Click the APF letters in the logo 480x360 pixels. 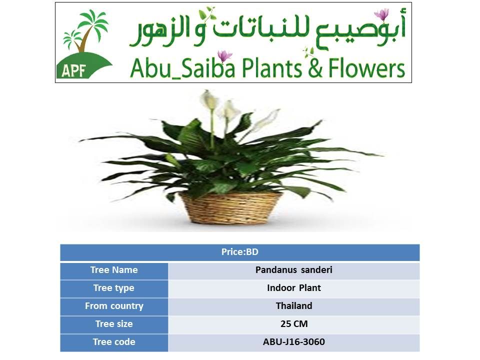click(x=73, y=70)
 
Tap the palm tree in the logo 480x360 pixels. click(x=85, y=30)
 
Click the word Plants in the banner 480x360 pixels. click(x=272, y=68)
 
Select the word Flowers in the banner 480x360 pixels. click(x=366, y=68)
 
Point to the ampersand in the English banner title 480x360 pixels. click(x=315, y=68)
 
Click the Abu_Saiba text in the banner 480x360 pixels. click(x=183, y=68)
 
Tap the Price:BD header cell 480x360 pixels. click(x=239, y=252)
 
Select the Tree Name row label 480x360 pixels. click(x=114, y=270)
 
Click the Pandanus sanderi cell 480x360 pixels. click(x=294, y=270)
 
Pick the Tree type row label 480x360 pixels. click(x=114, y=288)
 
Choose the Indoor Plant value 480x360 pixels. click(x=294, y=288)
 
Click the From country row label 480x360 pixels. click(x=114, y=306)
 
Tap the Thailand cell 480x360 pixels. click(x=294, y=306)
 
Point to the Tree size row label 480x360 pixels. click(x=114, y=324)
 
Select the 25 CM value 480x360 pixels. click(x=294, y=324)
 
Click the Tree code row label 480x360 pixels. click(x=114, y=342)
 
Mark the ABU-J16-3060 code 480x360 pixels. click(x=294, y=342)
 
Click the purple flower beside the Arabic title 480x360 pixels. click(x=381, y=14)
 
